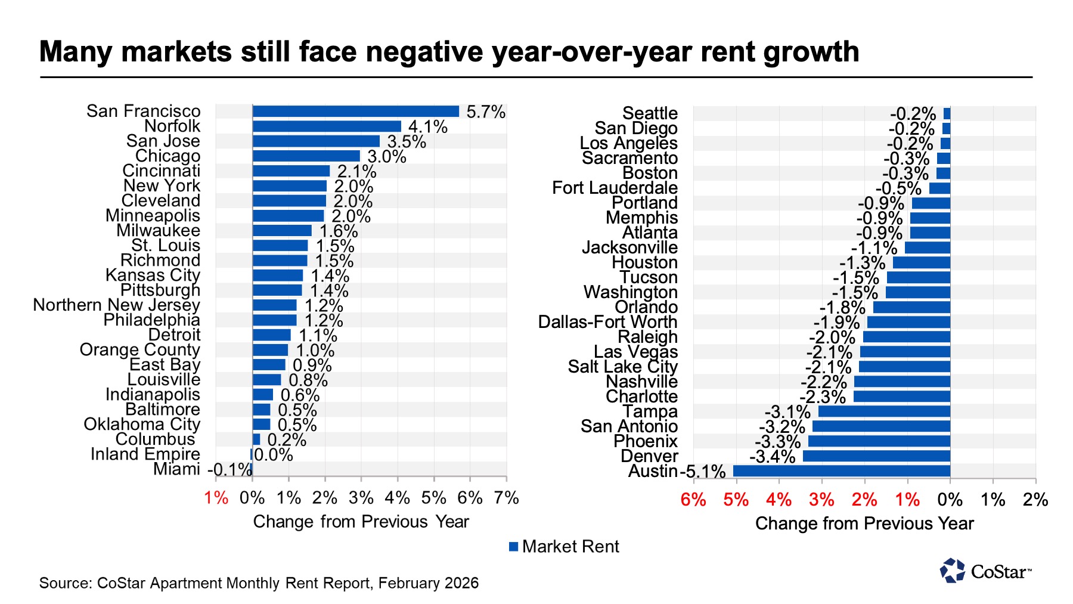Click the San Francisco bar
pos(356,111)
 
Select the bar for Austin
pos(841,471)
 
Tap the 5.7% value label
pos(486,112)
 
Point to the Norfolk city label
pos(172,126)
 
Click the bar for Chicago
pos(306,156)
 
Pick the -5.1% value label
pos(703,472)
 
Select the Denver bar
pos(876,456)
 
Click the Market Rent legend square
pos(513,547)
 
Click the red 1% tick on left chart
pos(216,498)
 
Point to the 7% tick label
pos(507,498)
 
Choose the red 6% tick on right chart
pos(693,500)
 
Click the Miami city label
pos(176,469)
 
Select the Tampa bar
pos(884,411)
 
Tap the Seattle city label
pos(650,113)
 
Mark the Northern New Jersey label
pos(116,305)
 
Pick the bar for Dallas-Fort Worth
pos(908,322)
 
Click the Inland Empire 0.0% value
pos(274,455)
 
